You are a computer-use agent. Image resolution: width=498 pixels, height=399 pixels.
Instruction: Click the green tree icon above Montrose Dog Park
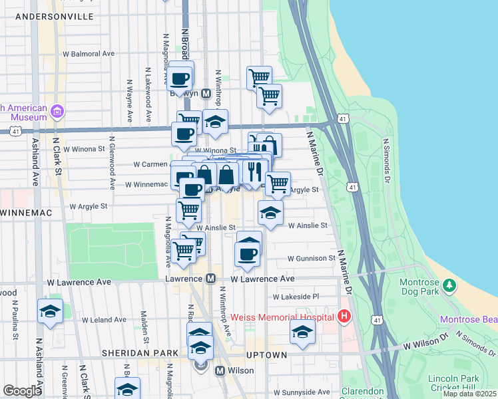pos(450,285)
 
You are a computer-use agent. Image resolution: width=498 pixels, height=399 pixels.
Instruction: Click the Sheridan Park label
pos(140,352)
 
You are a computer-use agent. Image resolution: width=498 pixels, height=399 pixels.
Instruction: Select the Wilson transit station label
pos(240,370)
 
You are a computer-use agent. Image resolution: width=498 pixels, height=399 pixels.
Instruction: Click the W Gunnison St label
pos(312,258)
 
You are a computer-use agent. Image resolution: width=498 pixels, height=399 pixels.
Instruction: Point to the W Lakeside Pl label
pos(296,297)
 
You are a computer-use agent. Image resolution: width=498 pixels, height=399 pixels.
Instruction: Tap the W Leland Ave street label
pos(88,320)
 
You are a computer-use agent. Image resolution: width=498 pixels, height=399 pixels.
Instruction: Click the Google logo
pos(22,390)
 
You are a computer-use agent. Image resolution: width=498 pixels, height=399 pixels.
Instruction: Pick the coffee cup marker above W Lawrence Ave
pos(247,253)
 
